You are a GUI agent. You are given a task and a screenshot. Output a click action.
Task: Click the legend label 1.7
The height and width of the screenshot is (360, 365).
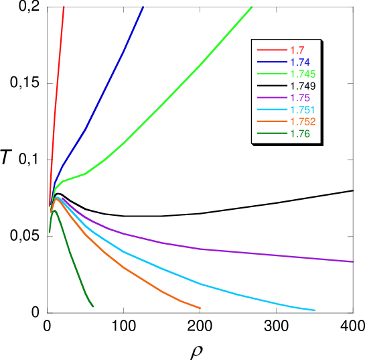[296, 50]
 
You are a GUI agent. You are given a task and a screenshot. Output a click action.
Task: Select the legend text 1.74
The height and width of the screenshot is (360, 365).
[299, 62]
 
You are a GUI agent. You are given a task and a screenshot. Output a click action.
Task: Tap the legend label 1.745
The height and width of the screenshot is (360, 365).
[302, 74]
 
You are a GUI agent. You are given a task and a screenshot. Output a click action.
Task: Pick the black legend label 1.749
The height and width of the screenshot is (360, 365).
[302, 86]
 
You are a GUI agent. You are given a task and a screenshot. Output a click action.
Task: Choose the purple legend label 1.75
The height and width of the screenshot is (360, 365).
[299, 99]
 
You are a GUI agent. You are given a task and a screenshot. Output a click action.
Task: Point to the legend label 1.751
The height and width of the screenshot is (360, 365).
[302, 110]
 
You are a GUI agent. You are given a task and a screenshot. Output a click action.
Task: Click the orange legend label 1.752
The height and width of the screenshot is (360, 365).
[302, 122]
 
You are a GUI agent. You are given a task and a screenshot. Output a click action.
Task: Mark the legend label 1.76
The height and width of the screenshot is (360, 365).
[299, 134]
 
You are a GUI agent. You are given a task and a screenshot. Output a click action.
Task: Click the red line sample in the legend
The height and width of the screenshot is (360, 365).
[271, 50]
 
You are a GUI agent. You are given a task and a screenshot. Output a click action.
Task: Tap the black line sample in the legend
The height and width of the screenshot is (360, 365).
[271, 86]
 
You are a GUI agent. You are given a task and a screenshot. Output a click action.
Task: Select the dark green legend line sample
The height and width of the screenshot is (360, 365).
[271, 134]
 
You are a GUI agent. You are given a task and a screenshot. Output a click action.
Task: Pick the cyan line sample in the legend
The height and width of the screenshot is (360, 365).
[271, 110]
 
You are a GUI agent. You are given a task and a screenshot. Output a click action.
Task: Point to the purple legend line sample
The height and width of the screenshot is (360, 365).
[271, 99]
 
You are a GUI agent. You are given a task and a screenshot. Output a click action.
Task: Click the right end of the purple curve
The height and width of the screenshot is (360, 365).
[353, 261]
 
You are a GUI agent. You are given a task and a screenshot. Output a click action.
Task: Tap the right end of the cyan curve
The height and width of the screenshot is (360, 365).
[314, 310]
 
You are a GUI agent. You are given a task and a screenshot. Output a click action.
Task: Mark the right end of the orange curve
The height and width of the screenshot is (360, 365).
[200, 308]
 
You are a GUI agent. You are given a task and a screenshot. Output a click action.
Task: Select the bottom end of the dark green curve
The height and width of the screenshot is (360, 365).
[92, 306]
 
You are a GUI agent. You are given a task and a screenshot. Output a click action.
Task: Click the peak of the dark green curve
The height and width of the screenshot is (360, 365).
[54, 211]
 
